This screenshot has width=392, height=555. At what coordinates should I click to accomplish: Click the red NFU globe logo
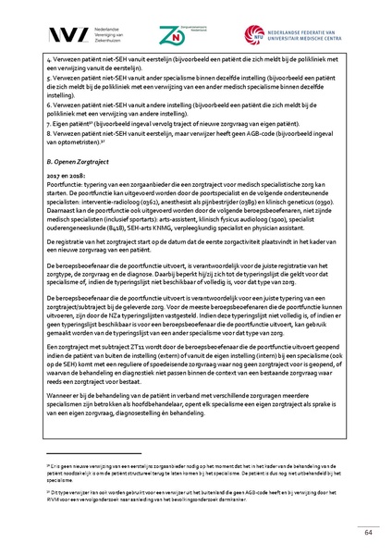pos(255,34)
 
